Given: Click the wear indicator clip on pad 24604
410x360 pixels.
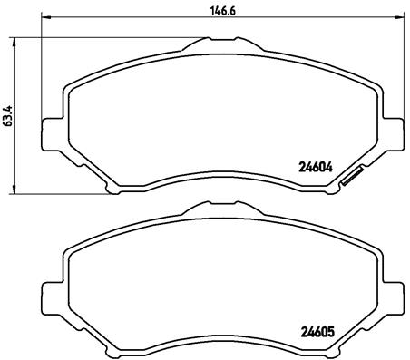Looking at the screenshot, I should tap(351, 179).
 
